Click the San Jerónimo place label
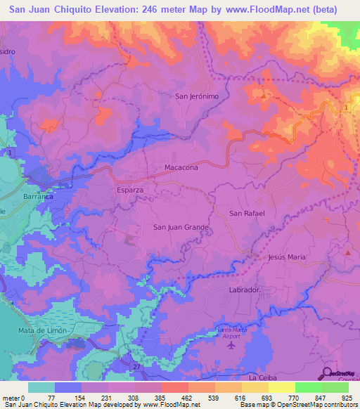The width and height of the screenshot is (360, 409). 197,96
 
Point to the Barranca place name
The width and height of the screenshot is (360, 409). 38,197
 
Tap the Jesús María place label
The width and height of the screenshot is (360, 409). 287,257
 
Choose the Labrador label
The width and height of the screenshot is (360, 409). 245,290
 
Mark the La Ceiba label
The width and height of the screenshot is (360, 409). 263,378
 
